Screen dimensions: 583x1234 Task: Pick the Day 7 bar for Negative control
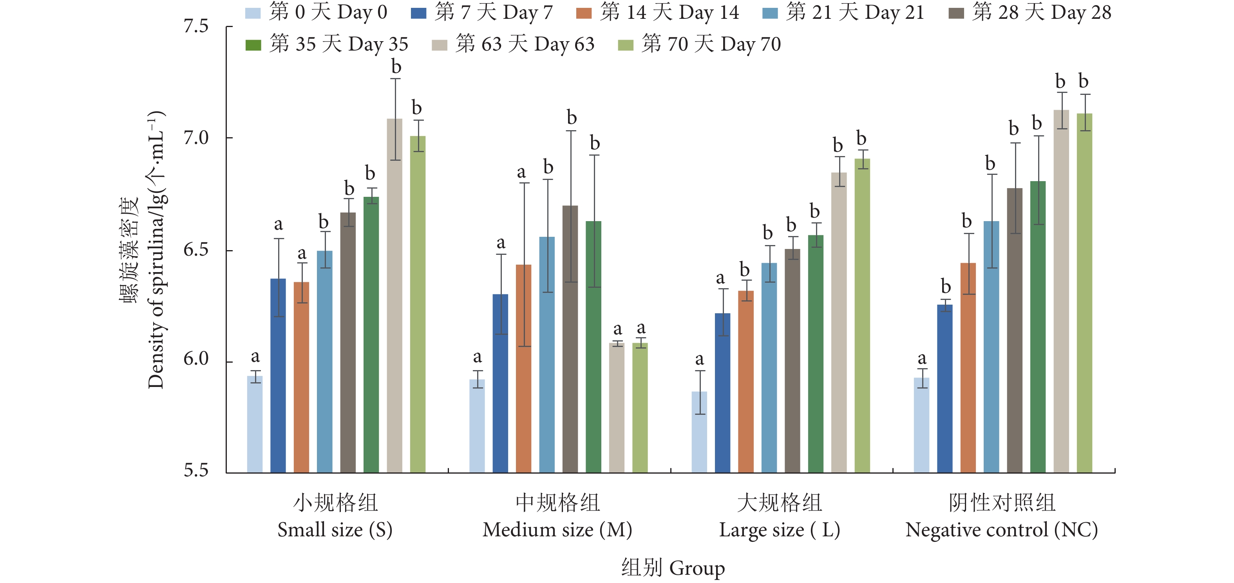point(944,389)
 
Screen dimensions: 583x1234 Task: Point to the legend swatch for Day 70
point(625,45)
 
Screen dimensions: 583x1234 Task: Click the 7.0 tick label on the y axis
point(196,138)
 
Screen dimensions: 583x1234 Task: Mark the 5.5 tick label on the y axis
point(196,471)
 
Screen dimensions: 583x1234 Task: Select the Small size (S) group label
point(335,530)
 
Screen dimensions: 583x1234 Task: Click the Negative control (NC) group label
point(1001,530)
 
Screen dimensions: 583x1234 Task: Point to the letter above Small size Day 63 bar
point(396,67)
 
